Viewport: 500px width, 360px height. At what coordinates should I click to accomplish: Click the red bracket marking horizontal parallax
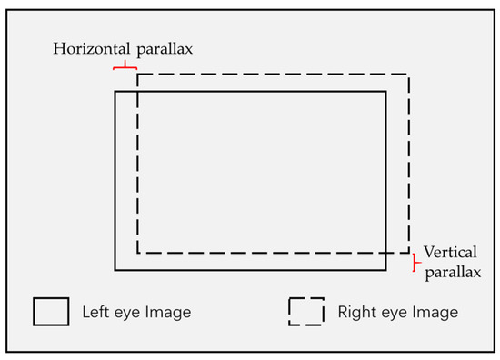pyautogui.click(x=125, y=66)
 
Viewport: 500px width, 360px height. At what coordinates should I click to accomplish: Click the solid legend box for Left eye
pyautogui.click(x=51, y=312)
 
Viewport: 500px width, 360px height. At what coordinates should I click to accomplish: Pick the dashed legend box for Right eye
pyautogui.click(x=306, y=312)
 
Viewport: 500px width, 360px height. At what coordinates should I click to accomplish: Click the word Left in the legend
pyautogui.click(x=95, y=313)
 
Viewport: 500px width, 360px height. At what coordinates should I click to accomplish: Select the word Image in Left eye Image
pyautogui.click(x=169, y=313)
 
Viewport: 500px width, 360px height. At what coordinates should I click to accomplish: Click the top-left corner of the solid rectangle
pyautogui.click(x=115, y=91)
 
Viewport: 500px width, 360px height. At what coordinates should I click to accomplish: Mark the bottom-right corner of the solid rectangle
pyautogui.click(x=387, y=270)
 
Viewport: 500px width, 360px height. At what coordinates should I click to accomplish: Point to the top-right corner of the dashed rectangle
pyautogui.click(x=409, y=75)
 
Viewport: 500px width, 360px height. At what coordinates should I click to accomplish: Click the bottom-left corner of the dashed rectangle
pyautogui.click(x=137, y=253)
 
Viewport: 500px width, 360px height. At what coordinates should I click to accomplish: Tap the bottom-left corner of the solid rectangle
pyautogui.click(x=115, y=270)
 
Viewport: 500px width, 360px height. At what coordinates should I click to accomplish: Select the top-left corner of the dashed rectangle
pyautogui.click(x=137, y=75)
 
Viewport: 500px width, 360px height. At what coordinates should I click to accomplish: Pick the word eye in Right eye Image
pyautogui.click(x=393, y=313)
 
